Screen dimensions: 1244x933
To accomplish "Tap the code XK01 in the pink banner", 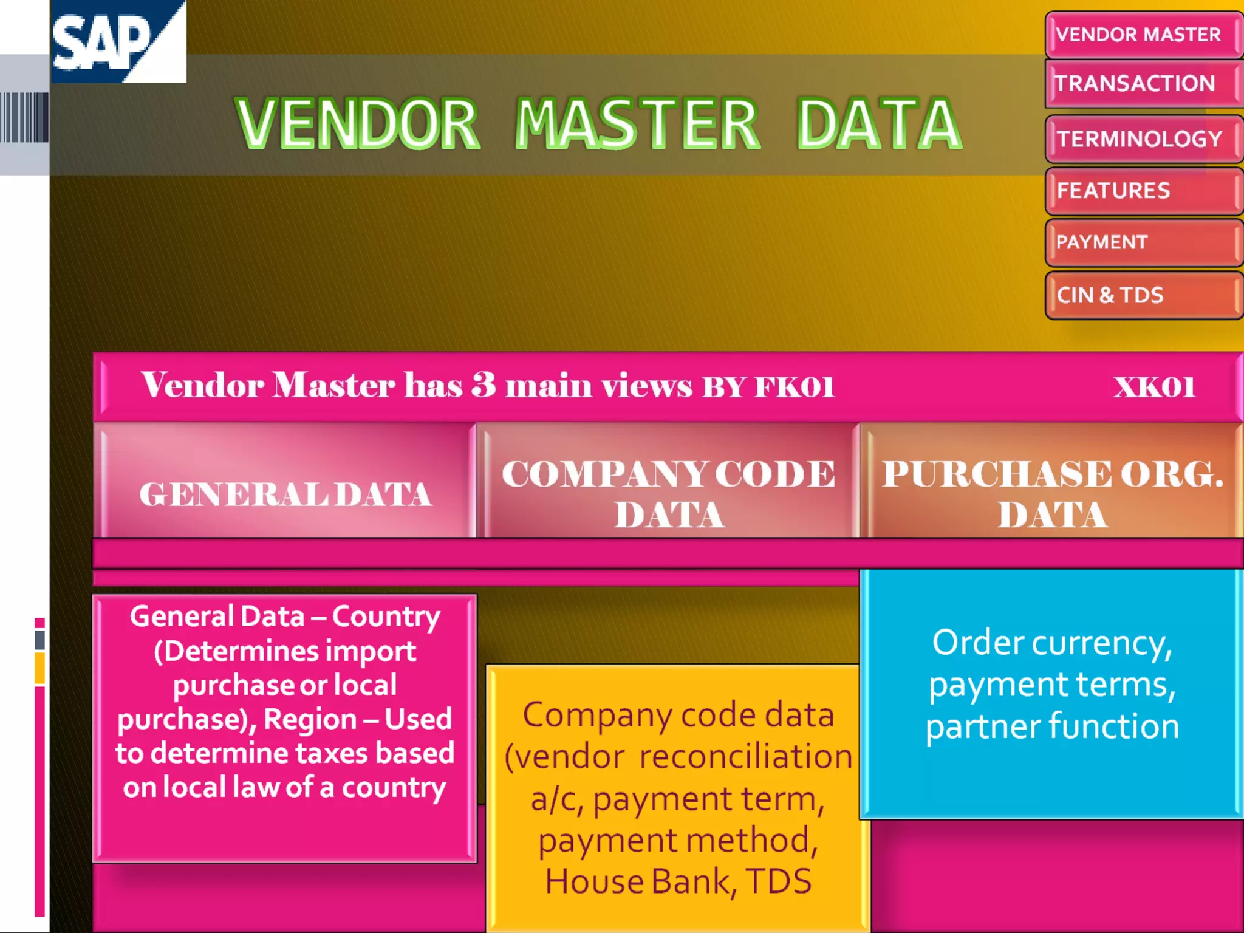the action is point(1154,387).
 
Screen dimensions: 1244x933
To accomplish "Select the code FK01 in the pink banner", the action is point(794,387).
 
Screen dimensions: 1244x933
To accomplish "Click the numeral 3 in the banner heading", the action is point(484,385).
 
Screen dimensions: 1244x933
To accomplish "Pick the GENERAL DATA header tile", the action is point(285,493).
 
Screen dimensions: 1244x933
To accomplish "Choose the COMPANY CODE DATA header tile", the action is point(668,493).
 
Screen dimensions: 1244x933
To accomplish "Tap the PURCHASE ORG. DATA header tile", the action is point(1052,493).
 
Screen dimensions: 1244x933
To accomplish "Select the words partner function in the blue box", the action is point(1052,726).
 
